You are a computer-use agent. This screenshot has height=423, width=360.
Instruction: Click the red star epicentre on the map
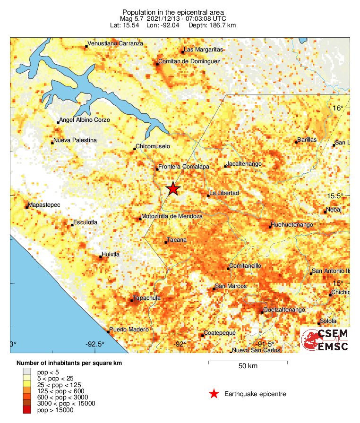coord(173,188)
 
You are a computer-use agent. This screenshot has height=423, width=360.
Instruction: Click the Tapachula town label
coord(147,298)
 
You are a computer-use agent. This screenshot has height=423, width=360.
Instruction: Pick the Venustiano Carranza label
coord(116,43)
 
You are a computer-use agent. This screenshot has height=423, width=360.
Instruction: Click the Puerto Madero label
coord(129,329)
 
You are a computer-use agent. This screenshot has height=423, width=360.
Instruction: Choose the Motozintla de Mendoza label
coord(172,216)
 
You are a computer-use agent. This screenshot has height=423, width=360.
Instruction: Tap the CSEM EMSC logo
coord(326,340)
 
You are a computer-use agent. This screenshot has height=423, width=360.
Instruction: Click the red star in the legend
coord(214,394)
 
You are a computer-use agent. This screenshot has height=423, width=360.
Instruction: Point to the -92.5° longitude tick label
coord(95,344)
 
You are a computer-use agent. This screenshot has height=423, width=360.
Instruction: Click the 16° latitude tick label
coord(338,108)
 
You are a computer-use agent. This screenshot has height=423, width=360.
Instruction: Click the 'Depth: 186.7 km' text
coord(212,25)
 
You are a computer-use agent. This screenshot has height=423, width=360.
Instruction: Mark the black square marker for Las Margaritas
coord(183,52)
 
